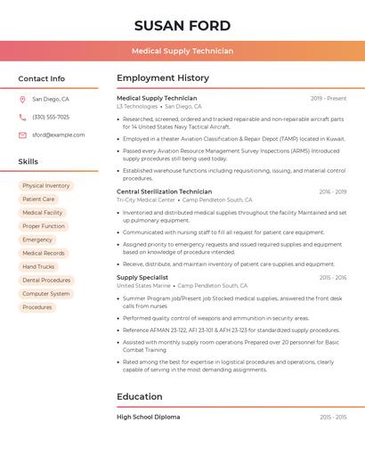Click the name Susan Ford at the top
(x=182, y=26)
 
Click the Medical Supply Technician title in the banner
(x=182, y=51)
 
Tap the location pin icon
(x=22, y=100)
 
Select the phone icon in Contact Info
(x=22, y=118)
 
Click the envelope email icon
(x=22, y=135)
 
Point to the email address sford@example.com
(x=59, y=135)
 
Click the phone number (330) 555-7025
(x=51, y=118)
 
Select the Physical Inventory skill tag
(x=45, y=186)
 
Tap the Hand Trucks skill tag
(x=38, y=266)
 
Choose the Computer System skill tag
(x=45, y=294)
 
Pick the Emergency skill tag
(x=37, y=240)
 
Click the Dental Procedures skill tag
(x=46, y=281)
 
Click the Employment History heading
(x=163, y=78)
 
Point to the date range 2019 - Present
(x=328, y=99)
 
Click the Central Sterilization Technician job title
(x=164, y=191)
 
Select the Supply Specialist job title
(x=142, y=277)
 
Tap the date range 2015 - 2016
(x=333, y=278)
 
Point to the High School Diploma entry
(x=148, y=417)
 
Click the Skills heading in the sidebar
(x=28, y=162)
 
